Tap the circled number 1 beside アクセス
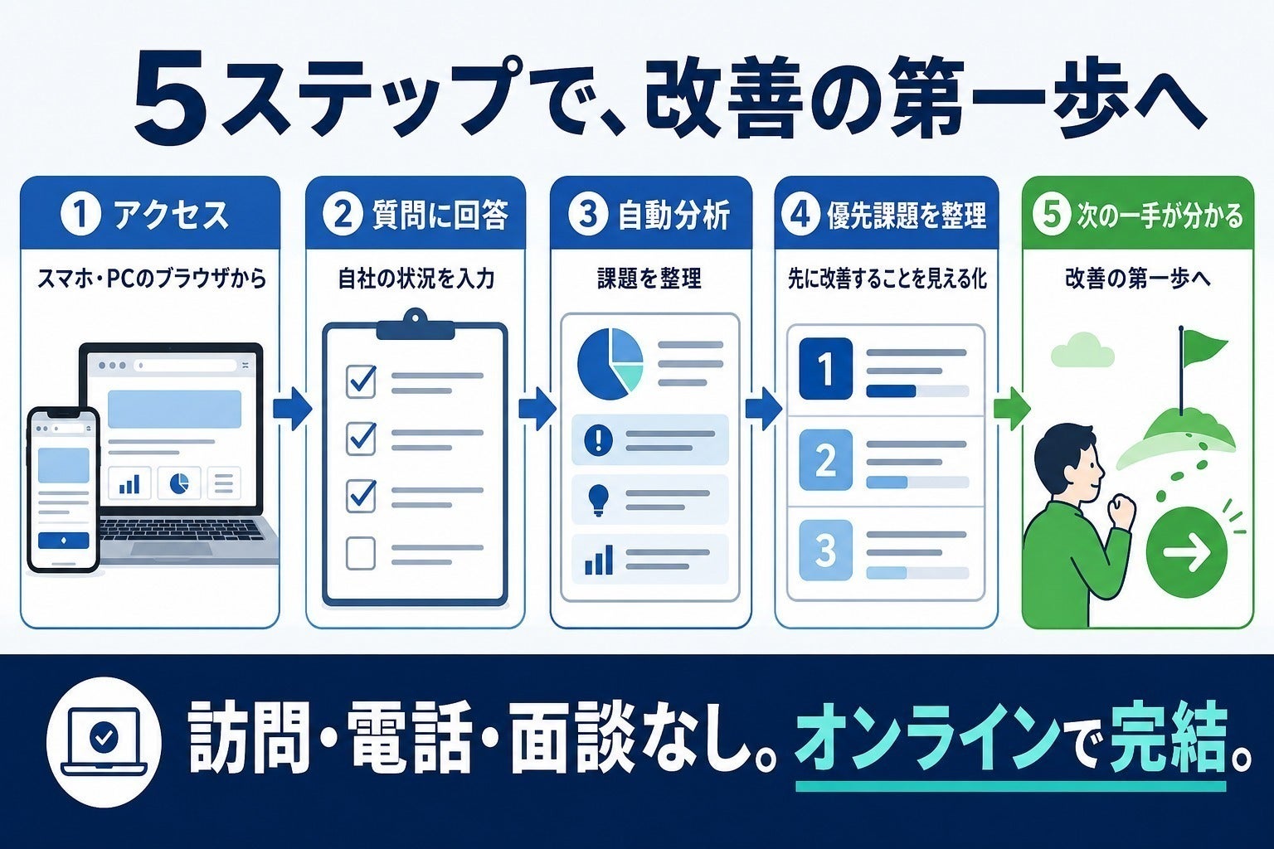pos(80,215)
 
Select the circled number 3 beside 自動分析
pos(587,215)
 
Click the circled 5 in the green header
pos(1052,216)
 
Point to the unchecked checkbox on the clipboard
pos(361,553)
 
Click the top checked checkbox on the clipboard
pos(361,381)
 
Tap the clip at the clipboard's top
pos(415,324)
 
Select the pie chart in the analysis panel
pos(610,363)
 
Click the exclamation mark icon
pos(598,440)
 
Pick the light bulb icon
pos(598,499)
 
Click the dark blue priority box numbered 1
pos(826,368)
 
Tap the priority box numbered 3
pos(826,550)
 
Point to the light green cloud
pos(1083,350)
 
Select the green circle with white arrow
pos(1186,552)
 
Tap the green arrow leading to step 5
pos(1012,408)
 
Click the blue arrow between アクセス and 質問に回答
pos(292,408)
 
